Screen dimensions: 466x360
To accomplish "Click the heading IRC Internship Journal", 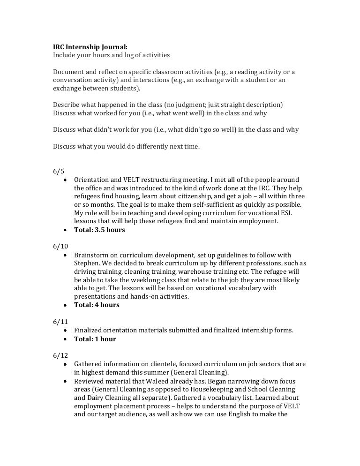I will click(90, 47).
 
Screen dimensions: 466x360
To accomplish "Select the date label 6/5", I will click(58, 171).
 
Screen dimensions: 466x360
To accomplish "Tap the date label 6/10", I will click(60, 246).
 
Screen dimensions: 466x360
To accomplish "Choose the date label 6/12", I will click(60, 355).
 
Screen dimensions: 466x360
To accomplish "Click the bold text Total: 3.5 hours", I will click(99, 230).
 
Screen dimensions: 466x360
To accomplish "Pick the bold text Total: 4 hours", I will click(97, 305).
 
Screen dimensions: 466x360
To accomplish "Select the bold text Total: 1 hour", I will click(95, 339).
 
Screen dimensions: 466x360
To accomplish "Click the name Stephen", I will click(86, 263).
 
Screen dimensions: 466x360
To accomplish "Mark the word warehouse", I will click(209, 272).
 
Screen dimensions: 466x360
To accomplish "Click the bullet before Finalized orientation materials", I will click(64, 331).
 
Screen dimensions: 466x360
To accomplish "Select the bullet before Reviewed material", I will click(64, 382).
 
